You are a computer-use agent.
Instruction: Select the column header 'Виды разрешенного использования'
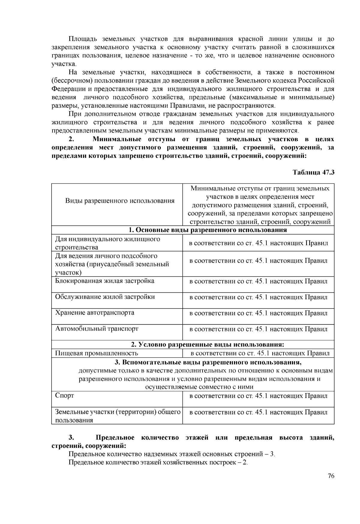[120, 201]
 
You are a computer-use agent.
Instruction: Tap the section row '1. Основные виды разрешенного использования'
[208, 230]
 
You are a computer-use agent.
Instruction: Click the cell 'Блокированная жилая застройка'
[105, 281]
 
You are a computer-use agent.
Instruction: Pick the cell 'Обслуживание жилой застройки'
[105, 297]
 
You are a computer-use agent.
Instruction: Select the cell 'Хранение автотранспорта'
[95, 313]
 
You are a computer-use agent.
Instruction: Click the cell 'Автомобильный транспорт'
[97, 329]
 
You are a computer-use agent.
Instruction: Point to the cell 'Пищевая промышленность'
[97, 353]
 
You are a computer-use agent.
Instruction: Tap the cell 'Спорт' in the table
[64, 395]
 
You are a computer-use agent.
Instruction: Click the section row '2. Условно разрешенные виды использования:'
[208, 344]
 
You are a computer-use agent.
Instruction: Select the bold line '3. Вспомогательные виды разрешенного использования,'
[208, 362]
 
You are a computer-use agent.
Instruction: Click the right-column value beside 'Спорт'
[258, 396]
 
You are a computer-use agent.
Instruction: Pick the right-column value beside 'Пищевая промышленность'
[260, 353]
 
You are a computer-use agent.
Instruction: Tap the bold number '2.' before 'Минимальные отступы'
[71, 139]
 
